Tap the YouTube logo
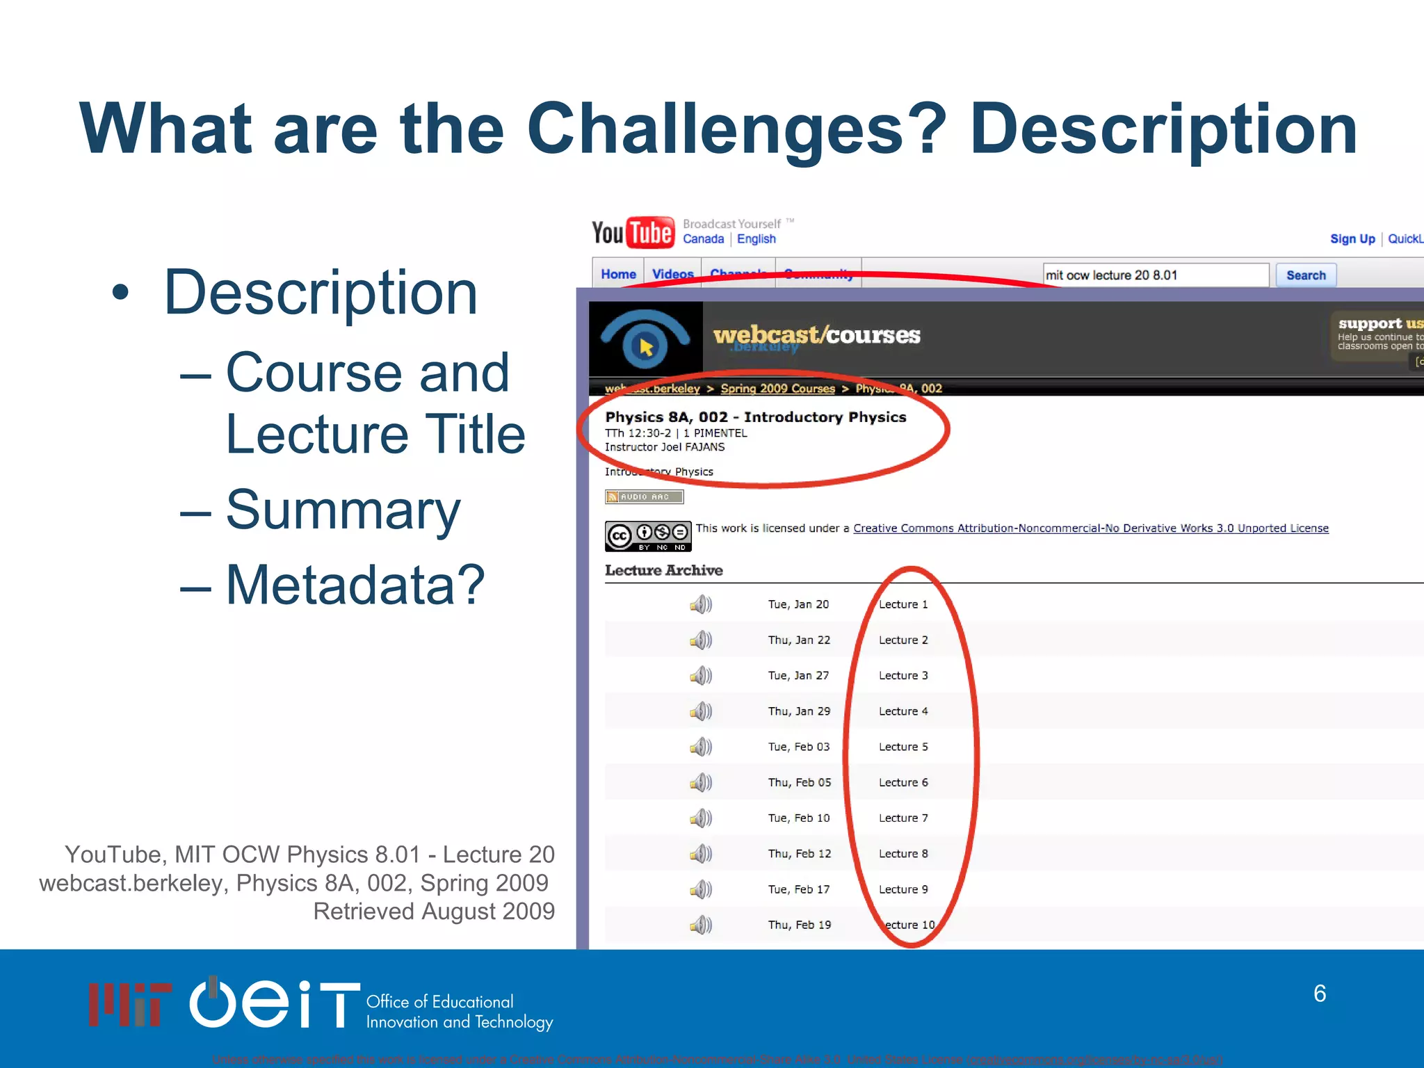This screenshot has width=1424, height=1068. (632, 233)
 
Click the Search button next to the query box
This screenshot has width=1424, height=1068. (1305, 275)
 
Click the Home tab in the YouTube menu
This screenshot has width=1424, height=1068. (618, 275)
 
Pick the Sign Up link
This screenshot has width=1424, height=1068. (1352, 239)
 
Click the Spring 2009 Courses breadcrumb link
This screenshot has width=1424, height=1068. (777, 389)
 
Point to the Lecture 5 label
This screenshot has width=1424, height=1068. (903, 747)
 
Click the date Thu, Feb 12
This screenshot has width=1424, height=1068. (799, 854)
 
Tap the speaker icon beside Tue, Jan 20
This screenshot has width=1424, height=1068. (701, 604)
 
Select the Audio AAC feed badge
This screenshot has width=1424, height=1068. (644, 497)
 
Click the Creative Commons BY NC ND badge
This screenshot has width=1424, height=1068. (647, 536)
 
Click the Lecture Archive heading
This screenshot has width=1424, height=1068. (663, 571)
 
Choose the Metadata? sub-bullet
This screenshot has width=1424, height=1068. (355, 585)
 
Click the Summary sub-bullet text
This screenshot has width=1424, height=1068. (343, 510)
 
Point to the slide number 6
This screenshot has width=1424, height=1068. (1319, 994)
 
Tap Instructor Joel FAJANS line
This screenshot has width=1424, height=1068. (664, 447)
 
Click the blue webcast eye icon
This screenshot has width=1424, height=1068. (645, 339)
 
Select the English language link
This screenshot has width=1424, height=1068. (756, 239)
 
